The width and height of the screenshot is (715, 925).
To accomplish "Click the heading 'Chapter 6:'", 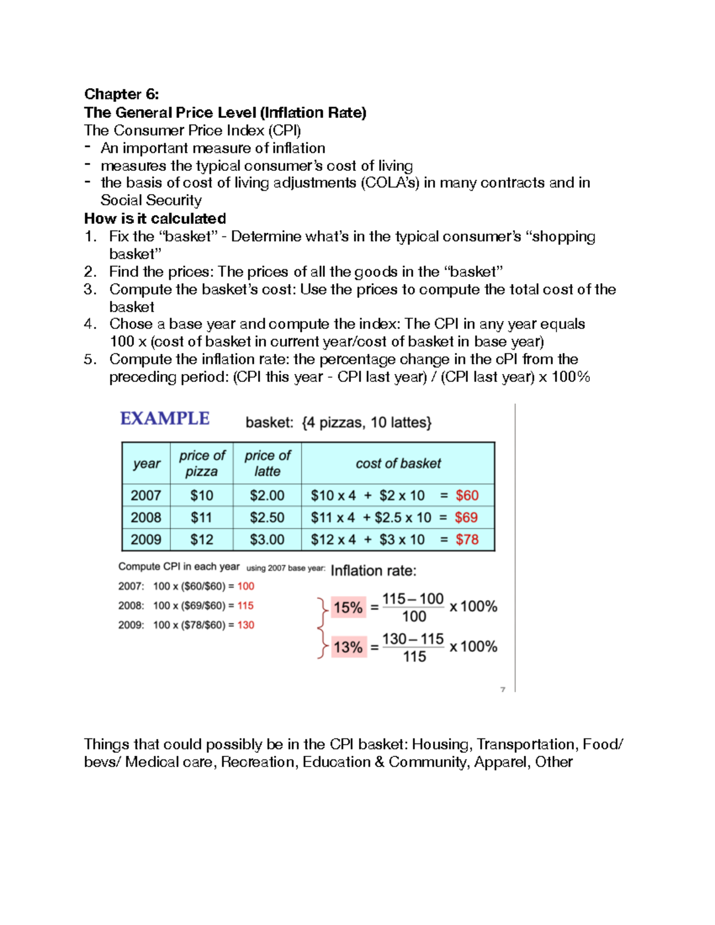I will pos(122,94).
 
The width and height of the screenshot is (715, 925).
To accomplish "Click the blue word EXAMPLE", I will pos(164,418).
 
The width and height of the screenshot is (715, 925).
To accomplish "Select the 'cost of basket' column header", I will pos(398,463).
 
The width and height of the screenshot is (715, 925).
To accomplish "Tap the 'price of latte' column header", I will pos(267,463).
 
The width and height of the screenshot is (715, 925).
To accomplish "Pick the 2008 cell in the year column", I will pos(146,518).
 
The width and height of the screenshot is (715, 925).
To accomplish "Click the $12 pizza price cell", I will pos(201,540).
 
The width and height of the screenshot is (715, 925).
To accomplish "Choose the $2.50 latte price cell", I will pos(267,518).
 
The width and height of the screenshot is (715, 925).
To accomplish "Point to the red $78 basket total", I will pos(467,540).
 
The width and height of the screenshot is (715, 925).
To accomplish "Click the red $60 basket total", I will pos(467,496).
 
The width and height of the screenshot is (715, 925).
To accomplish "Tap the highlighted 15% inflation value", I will pos(348,608).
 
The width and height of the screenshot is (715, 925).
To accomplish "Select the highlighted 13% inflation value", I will pos(348,647).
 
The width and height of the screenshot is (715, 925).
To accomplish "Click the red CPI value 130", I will pos(245,625).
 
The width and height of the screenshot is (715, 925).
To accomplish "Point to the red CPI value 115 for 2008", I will pos(245,606).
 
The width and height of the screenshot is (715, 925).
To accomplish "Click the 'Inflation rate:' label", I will pos(374,571).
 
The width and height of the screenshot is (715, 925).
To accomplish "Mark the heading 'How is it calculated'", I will pos(155,219).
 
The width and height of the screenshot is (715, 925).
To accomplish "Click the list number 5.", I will pos(90,359).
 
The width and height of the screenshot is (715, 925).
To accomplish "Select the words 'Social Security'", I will pos(151,200).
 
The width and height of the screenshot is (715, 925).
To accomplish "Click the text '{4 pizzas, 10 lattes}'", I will pos(367,422).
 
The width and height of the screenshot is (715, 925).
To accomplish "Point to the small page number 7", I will pos(503,690).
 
